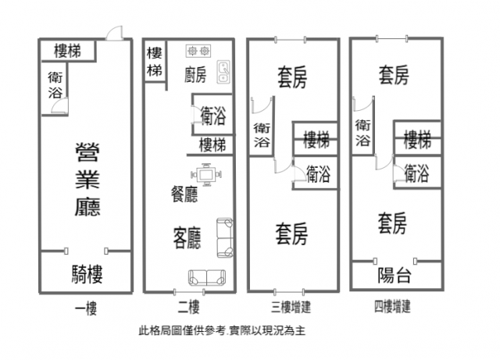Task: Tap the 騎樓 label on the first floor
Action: pyautogui.click(x=87, y=274)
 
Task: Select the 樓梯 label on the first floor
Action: pyautogui.click(x=70, y=52)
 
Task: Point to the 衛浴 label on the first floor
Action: pyautogui.click(x=56, y=84)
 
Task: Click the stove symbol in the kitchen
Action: pyautogui.click(x=198, y=52)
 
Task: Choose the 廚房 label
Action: pyautogui.click(x=195, y=75)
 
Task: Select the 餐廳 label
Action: pyautogui.click(x=184, y=194)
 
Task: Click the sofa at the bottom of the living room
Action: pyautogui.click(x=206, y=276)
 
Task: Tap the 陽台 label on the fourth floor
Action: pyautogui.click(x=395, y=275)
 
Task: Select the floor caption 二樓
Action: pyautogui.click(x=189, y=306)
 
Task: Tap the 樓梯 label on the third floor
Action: pyautogui.click(x=316, y=141)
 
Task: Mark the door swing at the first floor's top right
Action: pyautogui.click(x=114, y=32)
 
